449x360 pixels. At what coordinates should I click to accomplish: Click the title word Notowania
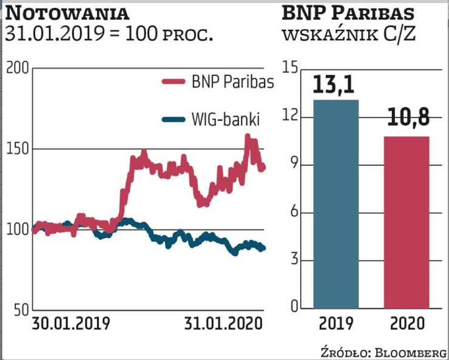67,12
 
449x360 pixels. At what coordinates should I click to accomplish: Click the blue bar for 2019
336,203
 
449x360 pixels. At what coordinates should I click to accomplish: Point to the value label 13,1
336,86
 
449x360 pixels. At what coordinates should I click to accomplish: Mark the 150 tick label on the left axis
18,149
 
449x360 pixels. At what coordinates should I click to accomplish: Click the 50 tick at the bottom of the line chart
20,310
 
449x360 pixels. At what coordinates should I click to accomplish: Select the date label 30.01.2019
72,323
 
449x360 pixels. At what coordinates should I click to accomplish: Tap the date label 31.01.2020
223,323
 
